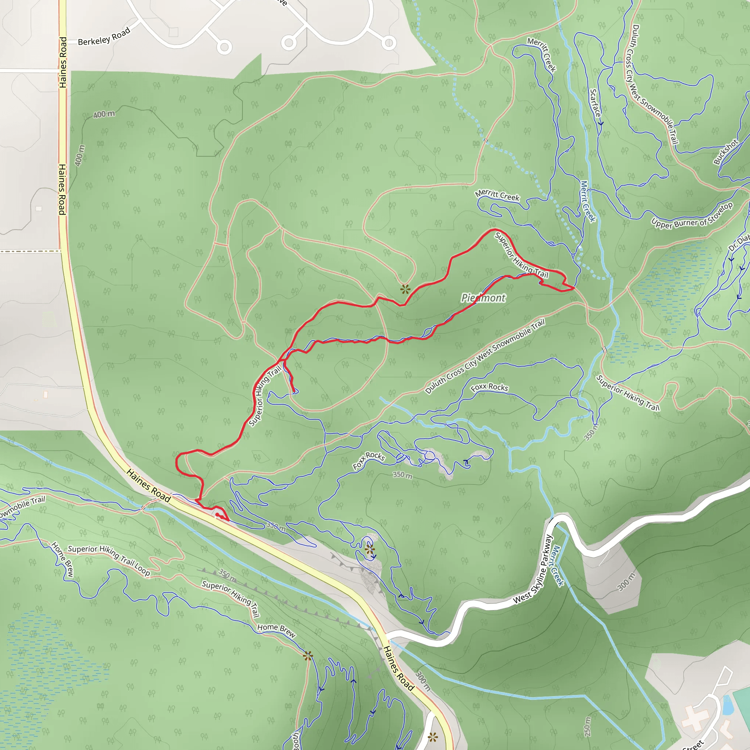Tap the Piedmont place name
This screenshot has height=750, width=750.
pos(483,298)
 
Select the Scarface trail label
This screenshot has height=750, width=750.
pos(595,104)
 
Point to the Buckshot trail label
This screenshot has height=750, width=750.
pos(725,152)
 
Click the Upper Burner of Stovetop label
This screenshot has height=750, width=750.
pos(692,216)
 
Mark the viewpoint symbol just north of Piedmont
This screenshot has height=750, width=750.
pos(405,289)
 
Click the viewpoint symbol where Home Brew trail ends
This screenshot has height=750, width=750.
pos(308,656)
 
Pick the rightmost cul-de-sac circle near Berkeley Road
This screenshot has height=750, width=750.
pos(389,43)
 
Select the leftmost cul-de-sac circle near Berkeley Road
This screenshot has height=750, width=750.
pos(224,47)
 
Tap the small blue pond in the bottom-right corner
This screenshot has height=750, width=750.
pos(728,705)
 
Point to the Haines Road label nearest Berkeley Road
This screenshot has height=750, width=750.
pos(63,62)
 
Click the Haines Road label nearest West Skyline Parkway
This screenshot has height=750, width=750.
pos(398,668)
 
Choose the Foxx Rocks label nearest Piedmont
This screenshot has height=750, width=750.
pos(489,387)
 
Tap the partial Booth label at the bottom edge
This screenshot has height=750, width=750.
pos(296,742)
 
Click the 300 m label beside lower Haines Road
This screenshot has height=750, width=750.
pos(423,681)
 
